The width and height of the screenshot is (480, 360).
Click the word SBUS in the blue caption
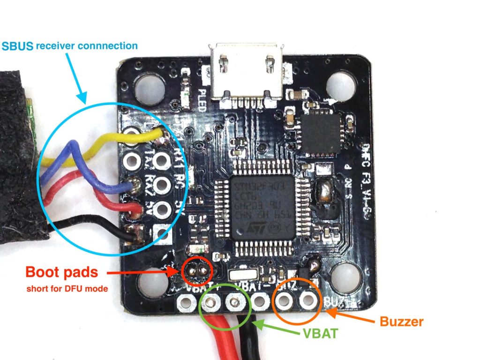[x=18, y=46]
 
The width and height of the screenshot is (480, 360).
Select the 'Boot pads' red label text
[x=61, y=272]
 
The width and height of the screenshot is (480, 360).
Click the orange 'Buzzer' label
[x=402, y=322]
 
